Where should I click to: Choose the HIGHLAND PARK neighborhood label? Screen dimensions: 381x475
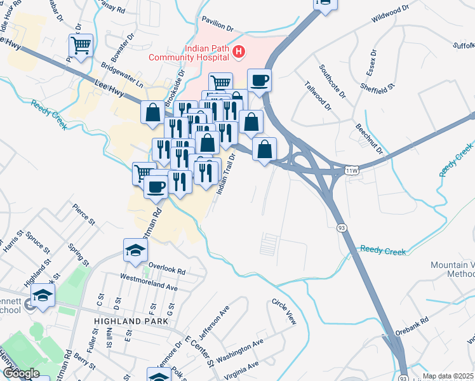coord(130,322)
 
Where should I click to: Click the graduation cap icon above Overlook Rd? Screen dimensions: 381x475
coord(135,251)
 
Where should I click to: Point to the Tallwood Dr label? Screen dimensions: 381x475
coord(318,95)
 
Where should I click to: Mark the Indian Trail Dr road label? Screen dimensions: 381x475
coord(225,172)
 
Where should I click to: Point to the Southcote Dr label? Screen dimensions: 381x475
coord(333,81)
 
